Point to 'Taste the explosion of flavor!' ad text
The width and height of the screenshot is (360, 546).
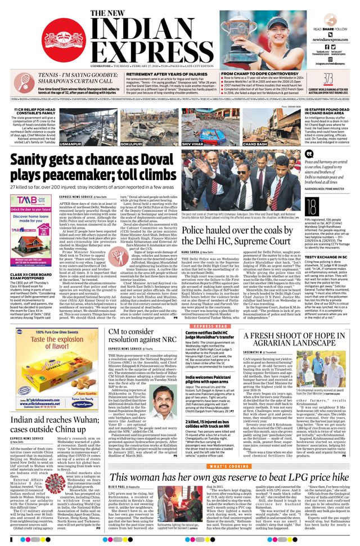43,342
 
